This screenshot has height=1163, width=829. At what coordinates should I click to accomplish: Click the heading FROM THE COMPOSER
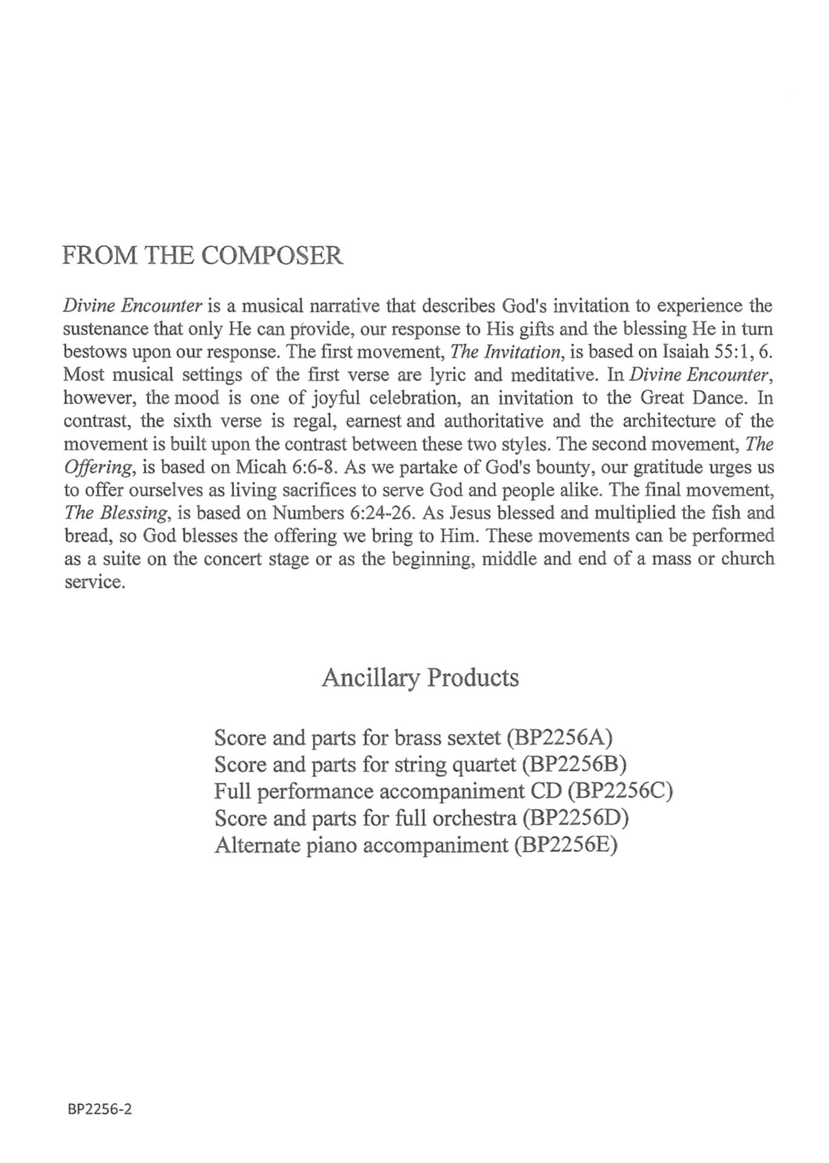pos(202,256)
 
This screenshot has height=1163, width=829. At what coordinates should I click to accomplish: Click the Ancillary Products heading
pos(420,677)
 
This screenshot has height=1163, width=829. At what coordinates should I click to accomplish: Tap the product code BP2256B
pos(573,764)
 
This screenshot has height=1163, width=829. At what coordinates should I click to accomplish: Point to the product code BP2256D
pos(576,818)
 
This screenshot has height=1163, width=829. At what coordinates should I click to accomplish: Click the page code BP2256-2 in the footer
pos(100,1108)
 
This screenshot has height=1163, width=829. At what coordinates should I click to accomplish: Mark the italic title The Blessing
pos(115,513)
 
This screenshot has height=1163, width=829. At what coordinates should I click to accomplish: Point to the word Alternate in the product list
pos(255,844)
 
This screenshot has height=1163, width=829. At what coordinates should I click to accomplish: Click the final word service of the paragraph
pos(94,582)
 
